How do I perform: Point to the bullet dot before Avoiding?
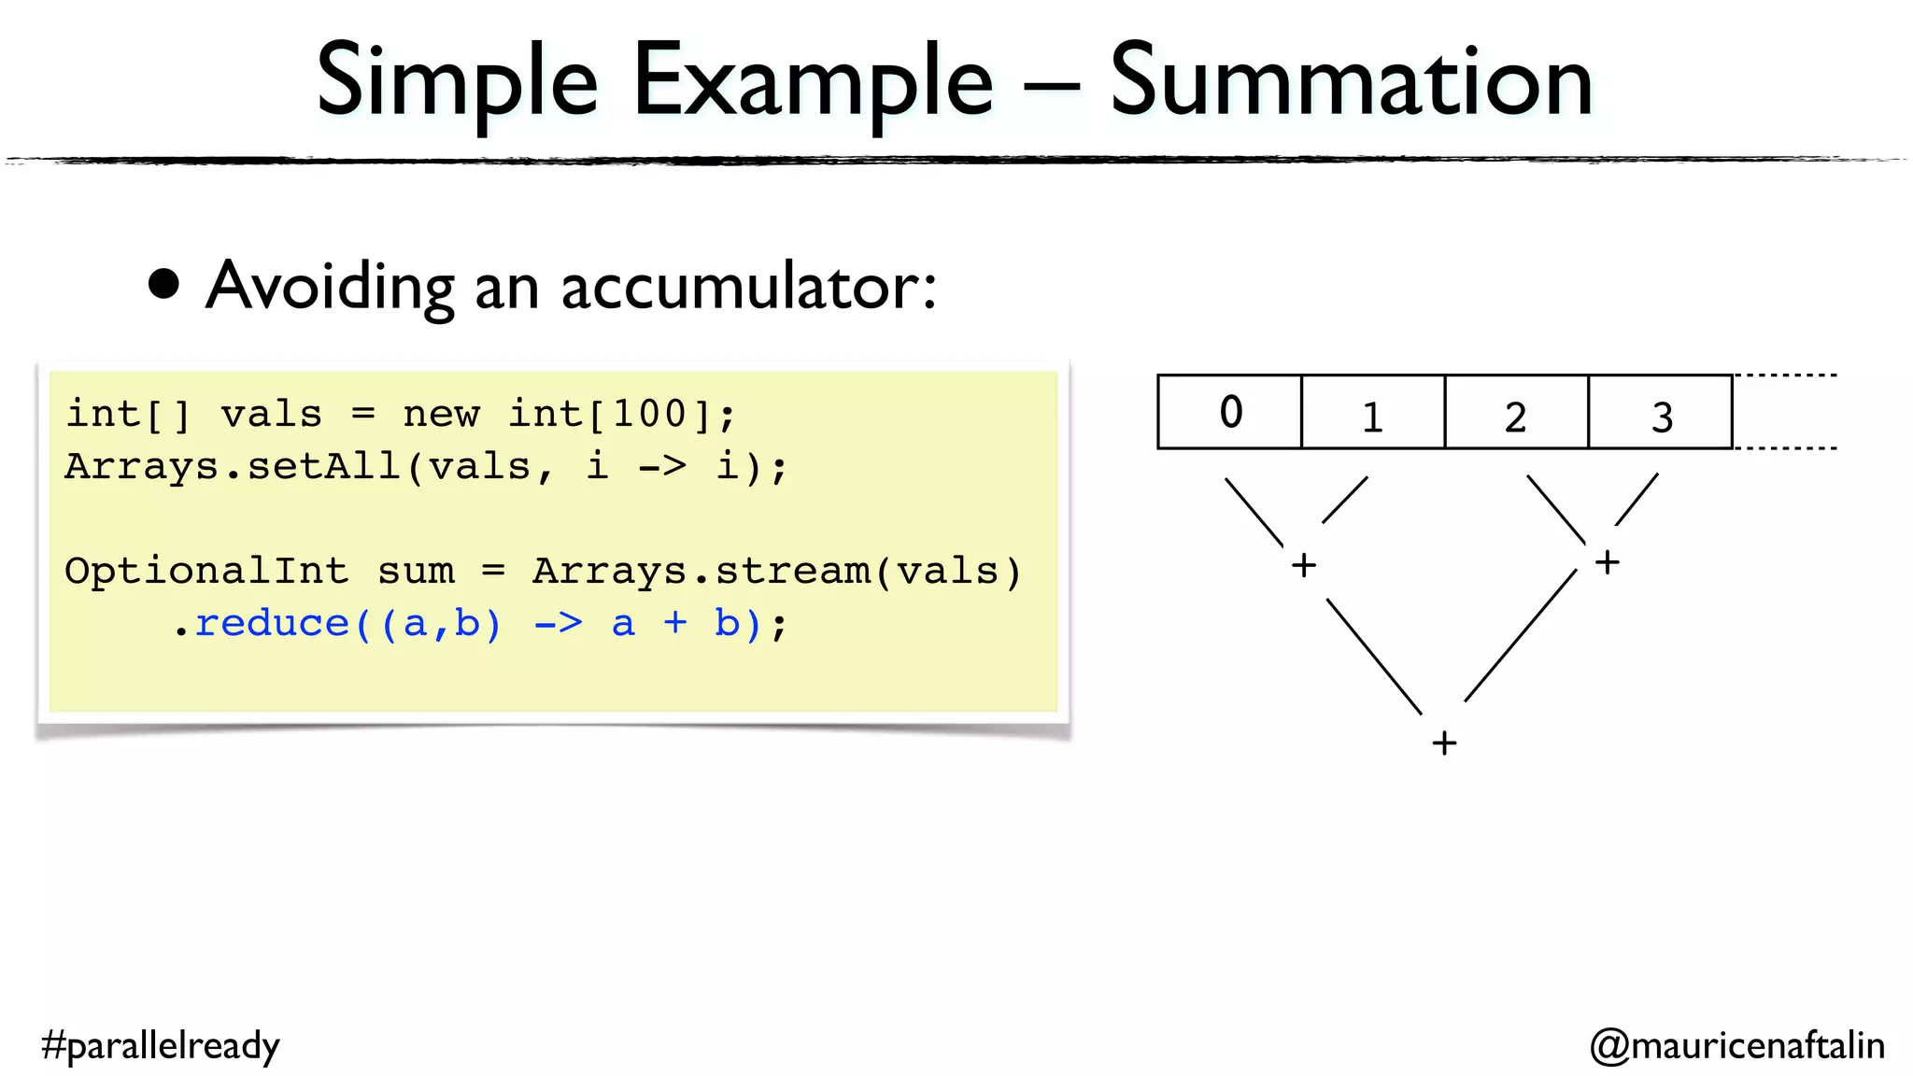(x=164, y=285)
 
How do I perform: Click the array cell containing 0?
(x=1229, y=412)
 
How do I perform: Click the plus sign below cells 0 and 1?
(x=1304, y=565)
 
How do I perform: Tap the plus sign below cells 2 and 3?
(x=1607, y=562)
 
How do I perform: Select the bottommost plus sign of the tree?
(x=1444, y=743)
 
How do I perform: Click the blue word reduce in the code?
(x=272, y=623)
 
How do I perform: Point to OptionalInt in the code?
(x=206, y=571)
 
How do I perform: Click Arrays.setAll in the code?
(x=233, y=466)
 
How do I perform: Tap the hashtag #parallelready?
(x=161, y=1045)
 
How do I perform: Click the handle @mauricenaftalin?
(x=1736, y=1045)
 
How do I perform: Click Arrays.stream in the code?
(x=701, y=571)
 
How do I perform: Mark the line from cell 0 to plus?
(x=1254, y=512)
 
